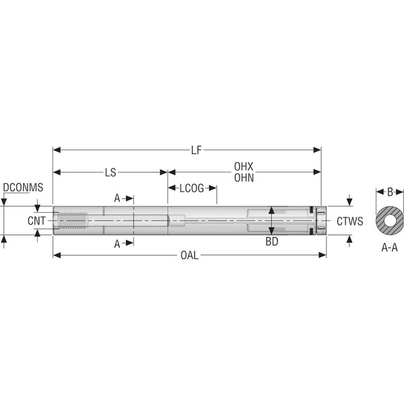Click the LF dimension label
click(196, 150)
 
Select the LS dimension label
click(110, 172)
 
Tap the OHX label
click(244, 167)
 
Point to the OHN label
click(244, 178)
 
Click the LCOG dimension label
click(192, 189)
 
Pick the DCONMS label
click(23, 187)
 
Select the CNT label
click(36, 221)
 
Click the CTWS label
click(350, 222)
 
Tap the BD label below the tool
click(272, 242)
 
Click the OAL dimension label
click(190, 255)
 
